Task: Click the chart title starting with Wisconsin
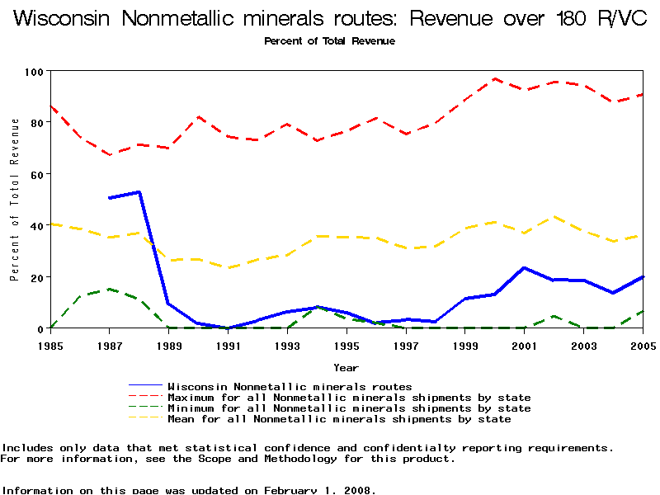point(330,19)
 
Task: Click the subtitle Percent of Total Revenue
point(329,41)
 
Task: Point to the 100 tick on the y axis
point(34,72)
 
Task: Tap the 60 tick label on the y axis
point(36,174)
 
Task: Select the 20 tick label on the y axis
point(36,277)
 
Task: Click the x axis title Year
point(346,367)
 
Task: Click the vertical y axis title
point(15,200)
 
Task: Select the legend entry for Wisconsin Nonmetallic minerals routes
point(290,386)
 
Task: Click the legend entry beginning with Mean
point(339,419)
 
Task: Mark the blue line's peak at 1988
point(139,191)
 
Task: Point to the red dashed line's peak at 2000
point(494,79)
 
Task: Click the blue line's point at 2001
point(524,267)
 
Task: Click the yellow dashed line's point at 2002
point(554,217)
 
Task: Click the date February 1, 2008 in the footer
point(317,490)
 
